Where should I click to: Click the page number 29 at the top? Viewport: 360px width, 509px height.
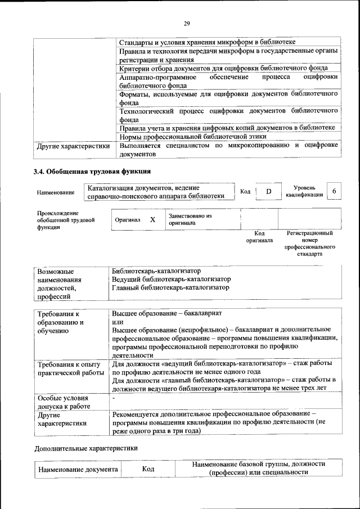[187, 23]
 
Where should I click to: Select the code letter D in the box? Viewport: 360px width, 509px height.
[268, 192]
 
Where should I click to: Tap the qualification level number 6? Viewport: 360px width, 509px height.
[335, 191]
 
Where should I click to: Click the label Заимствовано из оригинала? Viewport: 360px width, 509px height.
[190, 219]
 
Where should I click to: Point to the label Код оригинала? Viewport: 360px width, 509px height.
[259, 236]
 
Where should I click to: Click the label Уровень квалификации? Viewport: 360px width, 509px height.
[304, 191]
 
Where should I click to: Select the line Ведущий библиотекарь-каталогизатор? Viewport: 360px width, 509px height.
[171, 279]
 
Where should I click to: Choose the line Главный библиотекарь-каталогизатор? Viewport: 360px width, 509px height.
[170, 287]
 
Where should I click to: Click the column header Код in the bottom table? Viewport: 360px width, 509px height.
[148, 469]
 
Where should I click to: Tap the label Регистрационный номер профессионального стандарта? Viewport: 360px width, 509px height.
[309, 244]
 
